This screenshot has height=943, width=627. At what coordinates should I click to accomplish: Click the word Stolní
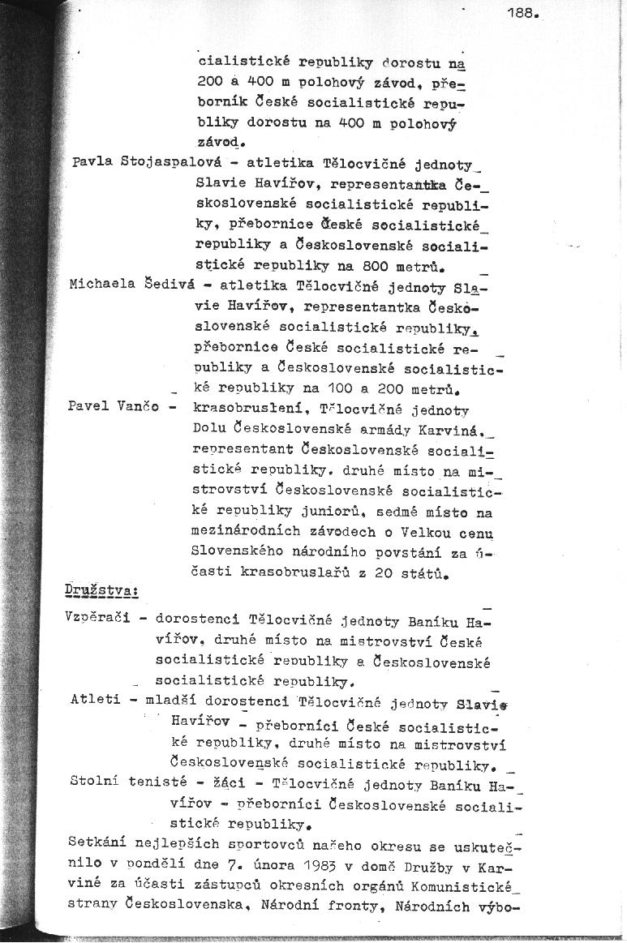(x=95, y=782)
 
